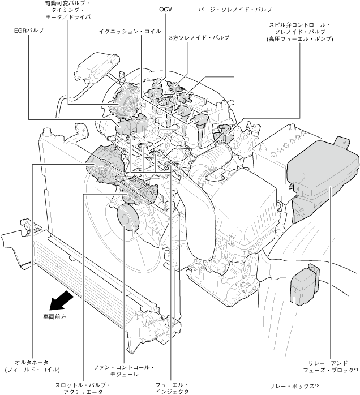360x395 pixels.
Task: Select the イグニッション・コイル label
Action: coord(125,32)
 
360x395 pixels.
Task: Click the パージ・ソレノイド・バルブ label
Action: coord(235,10)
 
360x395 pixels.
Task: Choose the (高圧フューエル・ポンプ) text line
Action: coord(301,40)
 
